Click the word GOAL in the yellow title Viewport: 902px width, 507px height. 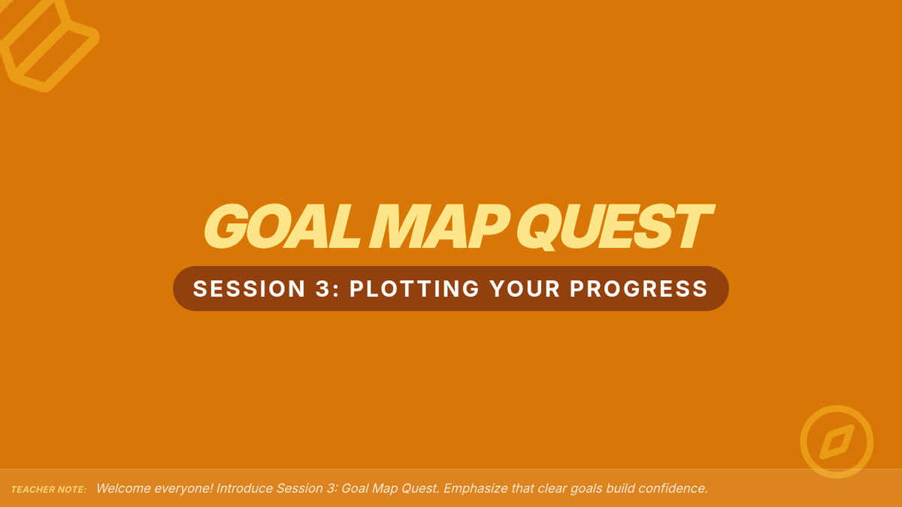(x=282, y=226)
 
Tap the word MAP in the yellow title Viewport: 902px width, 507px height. (x=439, y=226)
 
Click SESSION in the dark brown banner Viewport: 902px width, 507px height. (x=249, y=288)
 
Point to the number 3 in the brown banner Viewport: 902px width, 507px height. (x=323, y=288)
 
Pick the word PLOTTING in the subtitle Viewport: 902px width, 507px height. (x=414, y=288)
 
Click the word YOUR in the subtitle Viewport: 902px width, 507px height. (x=525, y=288)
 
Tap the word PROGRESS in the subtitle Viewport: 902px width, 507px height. (x=639, y=288)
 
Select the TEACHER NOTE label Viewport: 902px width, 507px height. (x=49, y=490)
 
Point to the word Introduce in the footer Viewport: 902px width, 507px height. (x=244, y=488)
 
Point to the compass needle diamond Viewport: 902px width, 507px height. (x=837, y=442)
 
